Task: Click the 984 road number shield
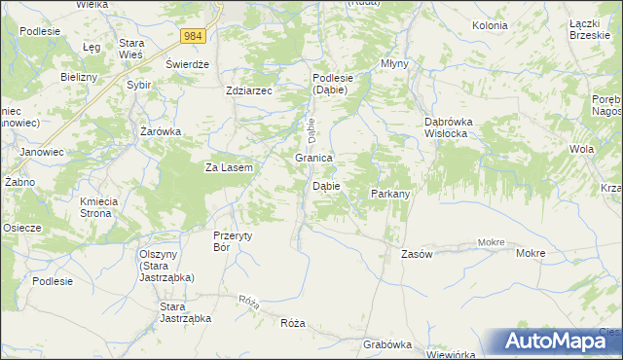(x=194, y=36)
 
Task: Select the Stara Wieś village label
(x=131, y=49)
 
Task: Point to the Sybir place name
(x=139, y=85)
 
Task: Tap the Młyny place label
(x=394, y=63)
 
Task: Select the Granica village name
(x=314, y=158)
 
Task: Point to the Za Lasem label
(x=229, y=167)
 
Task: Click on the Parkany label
(x=390, y=194)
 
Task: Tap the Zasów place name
(x=417, y=253)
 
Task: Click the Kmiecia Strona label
(x=98, y=206)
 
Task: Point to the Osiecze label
(x=21, y=228)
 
